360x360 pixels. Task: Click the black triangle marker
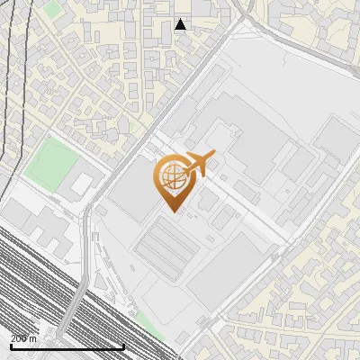point(180,24)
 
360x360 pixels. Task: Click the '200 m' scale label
point(24,337)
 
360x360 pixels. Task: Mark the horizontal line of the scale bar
point(67,346)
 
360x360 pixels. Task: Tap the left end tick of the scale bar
point(11,345)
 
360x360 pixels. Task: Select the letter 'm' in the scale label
point(33,337)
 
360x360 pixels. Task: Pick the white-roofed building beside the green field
point(82,184)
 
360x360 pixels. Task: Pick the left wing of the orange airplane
point(191,156)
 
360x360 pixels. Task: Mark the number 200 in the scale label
point(20,337)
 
